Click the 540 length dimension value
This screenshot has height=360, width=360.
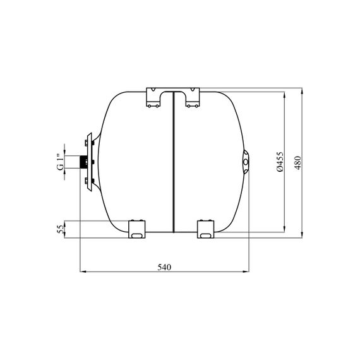164,267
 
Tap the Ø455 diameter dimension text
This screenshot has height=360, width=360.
280,162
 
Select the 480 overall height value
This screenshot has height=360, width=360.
297,163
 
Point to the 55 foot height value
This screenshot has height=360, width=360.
60,229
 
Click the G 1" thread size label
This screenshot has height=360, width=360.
60,162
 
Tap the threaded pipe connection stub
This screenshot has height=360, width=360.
83,162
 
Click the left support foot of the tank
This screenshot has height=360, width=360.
137,229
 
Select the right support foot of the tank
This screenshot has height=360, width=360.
206,229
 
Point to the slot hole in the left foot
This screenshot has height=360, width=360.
136,236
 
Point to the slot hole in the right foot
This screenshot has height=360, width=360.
205,236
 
